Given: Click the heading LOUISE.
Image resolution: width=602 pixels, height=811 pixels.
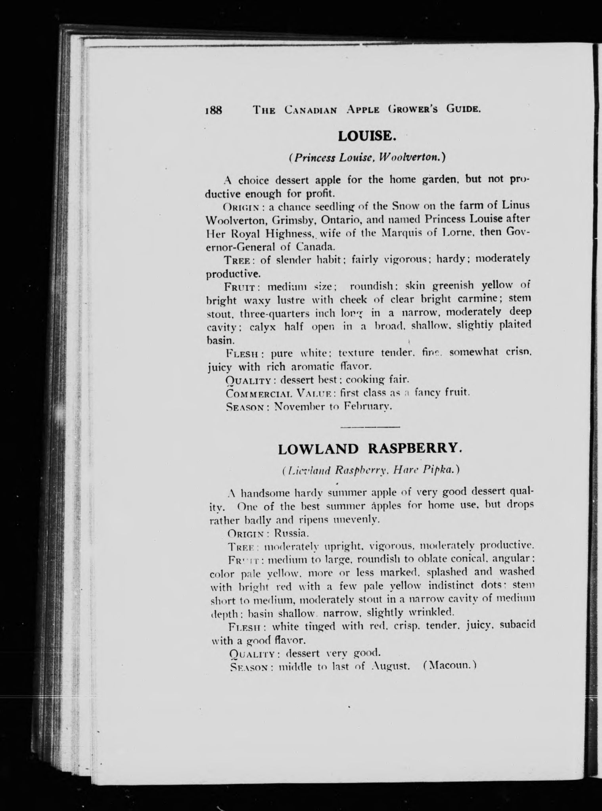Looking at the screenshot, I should tap(367, 136).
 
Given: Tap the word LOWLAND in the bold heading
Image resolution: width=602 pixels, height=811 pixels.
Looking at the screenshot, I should tap(318, 449).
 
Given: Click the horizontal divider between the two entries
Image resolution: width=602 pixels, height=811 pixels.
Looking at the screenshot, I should tap(370, 427).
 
